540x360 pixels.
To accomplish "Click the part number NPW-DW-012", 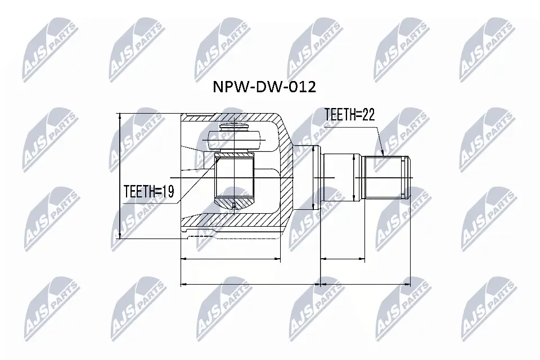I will click(263, 87).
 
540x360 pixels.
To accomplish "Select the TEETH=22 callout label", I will click(349, 115).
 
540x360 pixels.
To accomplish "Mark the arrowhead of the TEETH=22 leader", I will click(382, 153).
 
